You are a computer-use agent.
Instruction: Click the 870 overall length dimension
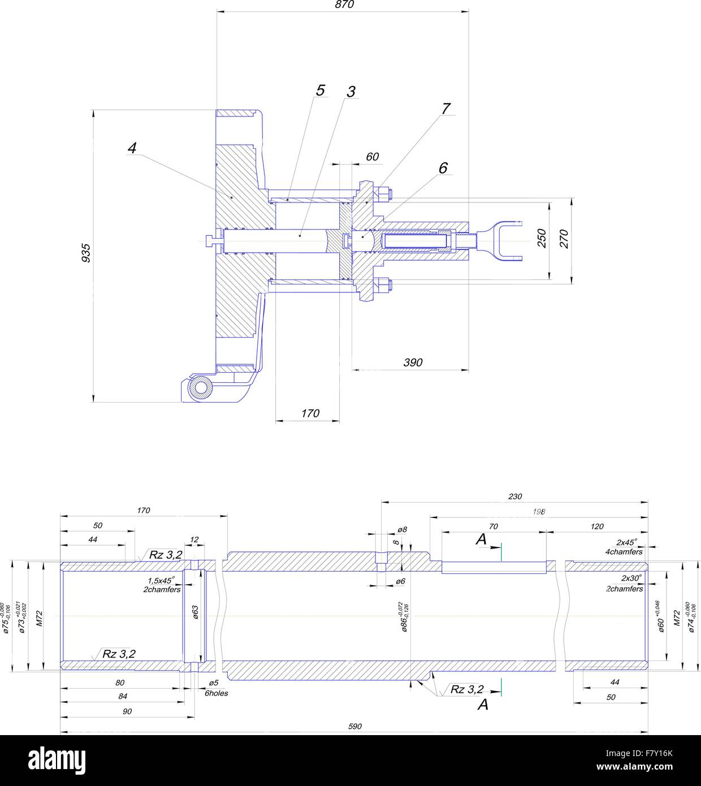coord(344,5)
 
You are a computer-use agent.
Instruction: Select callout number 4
coord(132,148)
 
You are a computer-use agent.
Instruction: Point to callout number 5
coord(321,90)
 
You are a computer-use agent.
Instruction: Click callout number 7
coord(446,109)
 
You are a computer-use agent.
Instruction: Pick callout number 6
coord(443,168)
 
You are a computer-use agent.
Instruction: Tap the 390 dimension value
coord(413,362)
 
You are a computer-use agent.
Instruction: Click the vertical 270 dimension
coord(564,239)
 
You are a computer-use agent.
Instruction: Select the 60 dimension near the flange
coord(372,157)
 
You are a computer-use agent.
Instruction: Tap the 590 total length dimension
coord(354,727)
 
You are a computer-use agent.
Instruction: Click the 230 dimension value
coord(515,496)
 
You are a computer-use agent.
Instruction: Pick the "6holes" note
coord(216,693)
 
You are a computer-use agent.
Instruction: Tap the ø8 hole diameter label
coord(402,530)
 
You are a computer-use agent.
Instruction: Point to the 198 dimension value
coord(539,512)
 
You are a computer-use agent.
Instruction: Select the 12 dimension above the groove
coord(194,540)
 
